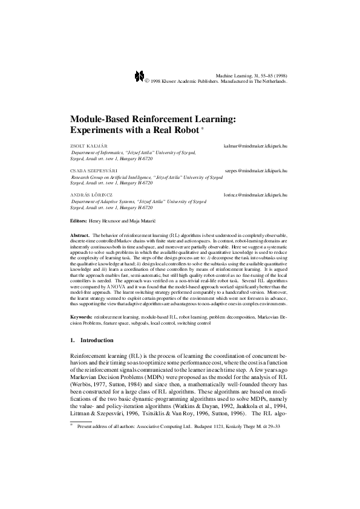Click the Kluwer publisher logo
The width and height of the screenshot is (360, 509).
click(139, 75)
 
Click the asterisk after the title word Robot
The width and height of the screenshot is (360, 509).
click(203, 127)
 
